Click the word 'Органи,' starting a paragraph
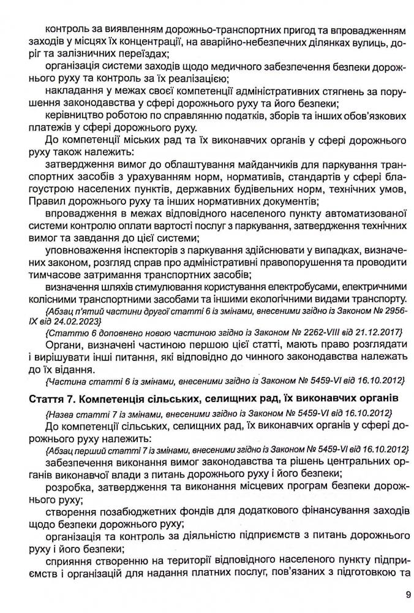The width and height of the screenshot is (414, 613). click(63, 344)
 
